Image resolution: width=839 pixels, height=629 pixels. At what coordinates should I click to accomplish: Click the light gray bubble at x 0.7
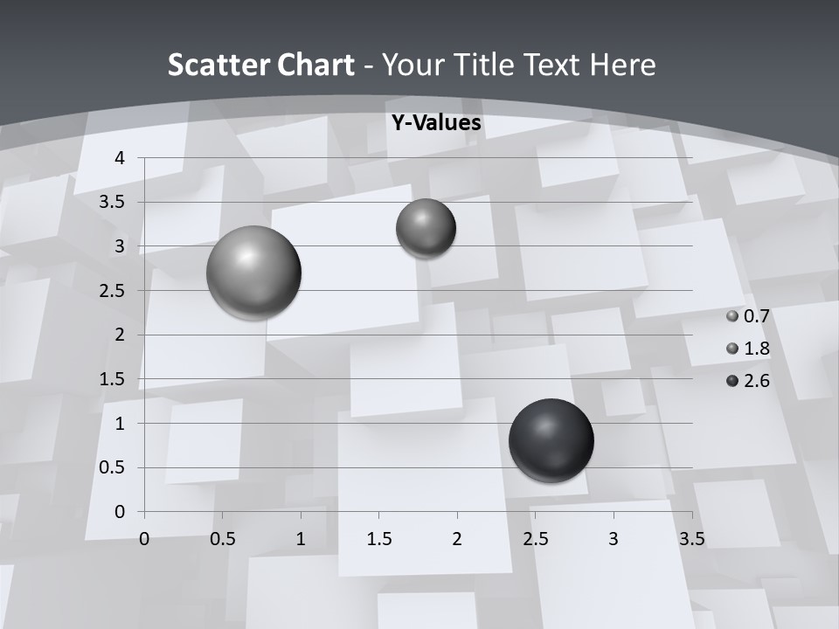point(253,273)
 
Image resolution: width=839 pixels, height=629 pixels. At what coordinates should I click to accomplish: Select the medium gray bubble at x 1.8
point(426,228)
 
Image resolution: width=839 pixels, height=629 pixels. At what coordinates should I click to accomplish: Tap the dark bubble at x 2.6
point(551,440)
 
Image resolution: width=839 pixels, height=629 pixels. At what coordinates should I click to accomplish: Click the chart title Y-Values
point(436,123)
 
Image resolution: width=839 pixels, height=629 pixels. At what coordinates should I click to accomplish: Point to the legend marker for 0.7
point(732,316)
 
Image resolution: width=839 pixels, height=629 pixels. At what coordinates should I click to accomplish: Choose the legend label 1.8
point(756,349)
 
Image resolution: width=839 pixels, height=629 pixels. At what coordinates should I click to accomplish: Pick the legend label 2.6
point(756,381)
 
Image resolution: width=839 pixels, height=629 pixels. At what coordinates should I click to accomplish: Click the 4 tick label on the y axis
point(121,158)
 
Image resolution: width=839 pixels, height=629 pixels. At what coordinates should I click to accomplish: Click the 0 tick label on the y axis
point(121,512)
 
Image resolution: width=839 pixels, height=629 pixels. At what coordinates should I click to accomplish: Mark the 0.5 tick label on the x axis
point(222,539)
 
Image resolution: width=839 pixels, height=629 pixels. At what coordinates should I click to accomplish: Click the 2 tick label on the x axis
point(457,539)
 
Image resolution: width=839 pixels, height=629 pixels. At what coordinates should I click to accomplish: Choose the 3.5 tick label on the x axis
point(691,539)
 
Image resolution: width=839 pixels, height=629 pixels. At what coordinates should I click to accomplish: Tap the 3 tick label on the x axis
point(614,539)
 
